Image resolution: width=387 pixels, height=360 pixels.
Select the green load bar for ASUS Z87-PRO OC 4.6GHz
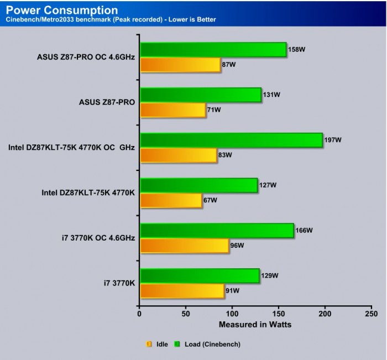click(x=213, y=49)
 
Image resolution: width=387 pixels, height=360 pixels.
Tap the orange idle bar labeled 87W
click(x=180, y=65)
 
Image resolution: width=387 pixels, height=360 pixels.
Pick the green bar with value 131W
click(x=200, y=95)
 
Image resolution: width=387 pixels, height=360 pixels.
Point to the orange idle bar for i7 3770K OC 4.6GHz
click(x=184, y=246)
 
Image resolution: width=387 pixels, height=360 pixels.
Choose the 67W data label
click(x=211, y=200)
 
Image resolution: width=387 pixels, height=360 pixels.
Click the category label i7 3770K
click(x=119, y=284)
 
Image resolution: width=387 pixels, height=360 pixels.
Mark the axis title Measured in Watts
click(x=255, y=324)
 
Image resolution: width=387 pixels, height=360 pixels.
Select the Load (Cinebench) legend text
click(x=212, y=344)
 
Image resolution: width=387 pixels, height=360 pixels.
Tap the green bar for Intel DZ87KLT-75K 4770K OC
click(x=231, y=140)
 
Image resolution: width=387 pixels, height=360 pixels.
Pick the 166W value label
click(x=304, y=230)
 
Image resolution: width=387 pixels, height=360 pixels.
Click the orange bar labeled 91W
click(x=182, y=291)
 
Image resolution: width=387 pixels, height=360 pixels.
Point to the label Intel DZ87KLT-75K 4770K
click(x=88, y=193)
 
